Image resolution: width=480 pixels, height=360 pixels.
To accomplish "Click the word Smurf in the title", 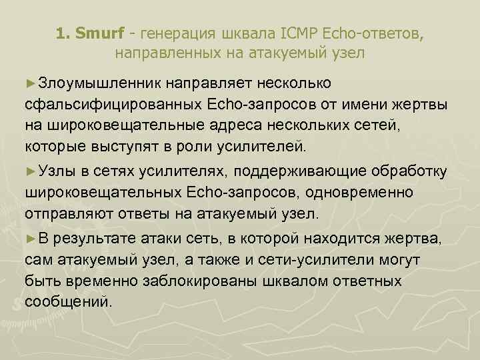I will coord(95,33).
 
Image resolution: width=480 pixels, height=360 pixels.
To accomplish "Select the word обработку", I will coord(413,172).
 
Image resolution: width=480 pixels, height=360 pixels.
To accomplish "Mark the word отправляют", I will coord(66,215).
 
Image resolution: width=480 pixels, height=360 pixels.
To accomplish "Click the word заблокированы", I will coord(201,281).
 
